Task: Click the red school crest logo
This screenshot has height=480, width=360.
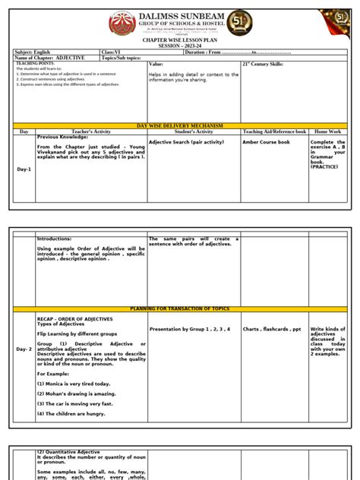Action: pyautogui.click(x=122, y=24)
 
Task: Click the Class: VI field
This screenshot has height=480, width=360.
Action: pyautogui.click(x=112, y=52)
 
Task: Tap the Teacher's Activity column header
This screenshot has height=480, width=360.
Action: pyautogui.click(x=90, y=131)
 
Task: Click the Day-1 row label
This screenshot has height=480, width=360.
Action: pyautogui.click(x=24, y=169)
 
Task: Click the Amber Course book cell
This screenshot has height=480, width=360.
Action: pyautogui.click(x=266, y=142)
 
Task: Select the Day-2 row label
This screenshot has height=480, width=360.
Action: pyautogui.click(x=25, y=349)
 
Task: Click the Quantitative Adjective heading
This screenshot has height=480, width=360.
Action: pyautogui.click(x=68, y=452)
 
